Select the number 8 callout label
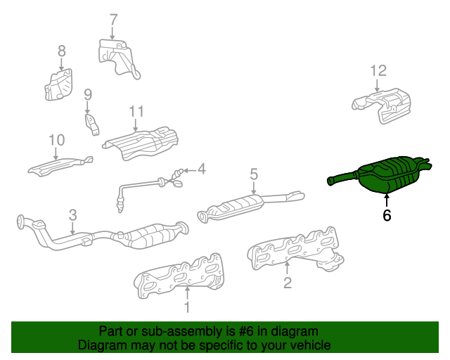coord(61,51)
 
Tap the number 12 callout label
coord(378,70)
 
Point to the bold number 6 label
coord(387,216)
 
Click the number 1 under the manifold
coord(187,307)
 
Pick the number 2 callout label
coord(287,283)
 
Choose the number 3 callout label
coord(72,215)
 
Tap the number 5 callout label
coord(254,173)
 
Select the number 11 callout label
coord(136,111)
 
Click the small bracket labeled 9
coord(92,124)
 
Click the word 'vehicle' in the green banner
coord(307,345)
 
